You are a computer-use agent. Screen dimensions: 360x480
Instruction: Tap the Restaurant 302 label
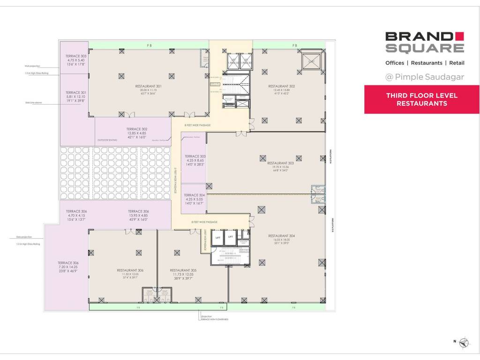pyautogui.click(x=281, y=86)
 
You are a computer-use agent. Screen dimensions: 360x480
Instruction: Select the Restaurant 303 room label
pyautogui.click(x=281, y=163)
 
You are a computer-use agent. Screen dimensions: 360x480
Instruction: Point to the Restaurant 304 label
pyautogui.click(x=281, y=236)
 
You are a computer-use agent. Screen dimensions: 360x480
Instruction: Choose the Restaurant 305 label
pyautogui.click(x=183, y=270)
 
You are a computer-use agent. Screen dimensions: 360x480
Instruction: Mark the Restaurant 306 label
pyautogui.click(x=130, y=270)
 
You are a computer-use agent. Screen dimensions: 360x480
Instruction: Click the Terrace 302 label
pyautogui.click(x=137, y=129)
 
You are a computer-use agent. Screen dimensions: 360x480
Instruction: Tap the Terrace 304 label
pyautogui.click(x=194, y=195)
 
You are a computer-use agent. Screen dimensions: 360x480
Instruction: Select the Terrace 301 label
pyautogui.click(x=76, y=93)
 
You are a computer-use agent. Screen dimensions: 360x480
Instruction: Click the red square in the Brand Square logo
pyautogui.click(x=459, y=36)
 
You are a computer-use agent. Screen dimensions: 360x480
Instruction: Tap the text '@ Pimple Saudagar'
pyautogui.click(x=425, y=77)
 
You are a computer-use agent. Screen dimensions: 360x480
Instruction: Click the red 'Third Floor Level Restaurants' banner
pyautogui.click(x=421, y=99)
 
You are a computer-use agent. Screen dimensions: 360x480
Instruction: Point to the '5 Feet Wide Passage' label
pyautogui.click(x=175, y=178)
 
